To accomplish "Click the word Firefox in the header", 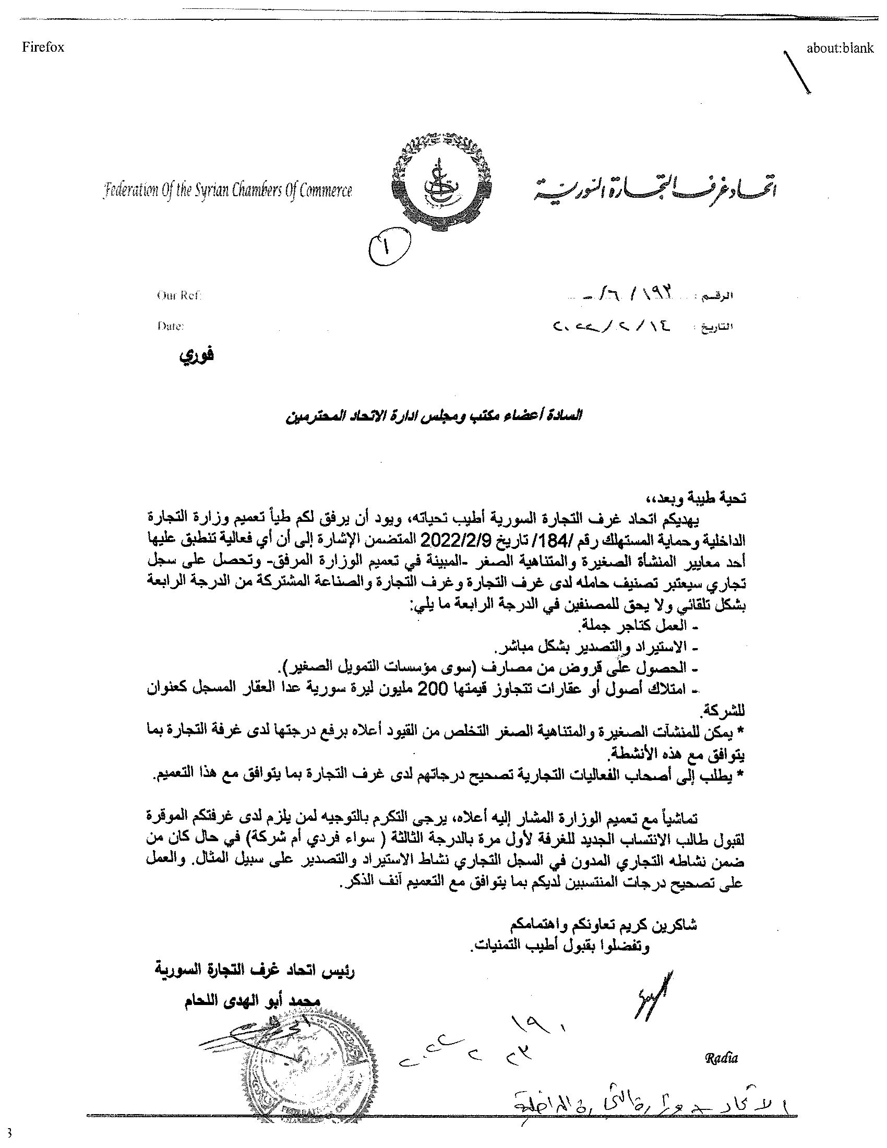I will click(43, 47).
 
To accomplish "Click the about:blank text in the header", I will click(840, 48).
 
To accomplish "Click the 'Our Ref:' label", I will click(179, 295).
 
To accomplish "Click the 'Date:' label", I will click(171, 326).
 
